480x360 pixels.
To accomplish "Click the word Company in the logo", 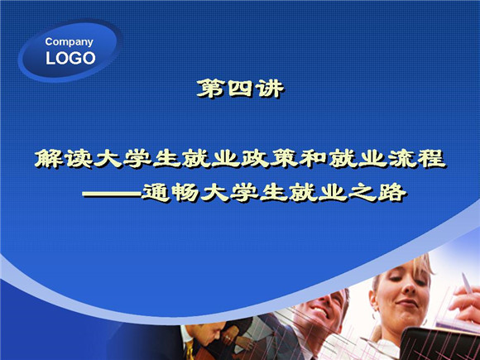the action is pos(70,42).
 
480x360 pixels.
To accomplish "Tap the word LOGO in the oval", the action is pos(70,58).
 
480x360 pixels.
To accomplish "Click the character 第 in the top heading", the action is pos(210,89).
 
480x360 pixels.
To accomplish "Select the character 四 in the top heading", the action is pos(240,89).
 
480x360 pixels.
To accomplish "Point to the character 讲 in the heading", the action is pos(271,89).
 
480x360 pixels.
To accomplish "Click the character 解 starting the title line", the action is pos(49,159).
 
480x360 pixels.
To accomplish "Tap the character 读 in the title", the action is pos(79,159).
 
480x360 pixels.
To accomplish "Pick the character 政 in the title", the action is pos(256,159).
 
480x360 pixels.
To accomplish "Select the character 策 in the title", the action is pos(286,159).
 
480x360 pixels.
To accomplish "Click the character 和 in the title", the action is pos(314,159).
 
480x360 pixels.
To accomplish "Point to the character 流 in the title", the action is pos(403,159).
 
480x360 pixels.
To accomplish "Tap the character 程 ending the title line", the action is pos(432,159).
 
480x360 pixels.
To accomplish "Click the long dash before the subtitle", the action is pos(112,194).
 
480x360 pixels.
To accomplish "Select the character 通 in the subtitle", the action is pos(156,193).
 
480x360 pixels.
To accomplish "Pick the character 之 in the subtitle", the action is pos(362,193).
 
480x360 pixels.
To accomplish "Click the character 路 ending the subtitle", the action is pos(392,193).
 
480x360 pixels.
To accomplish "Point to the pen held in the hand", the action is pos(467,283).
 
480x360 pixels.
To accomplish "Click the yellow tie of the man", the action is pos(190,351).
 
